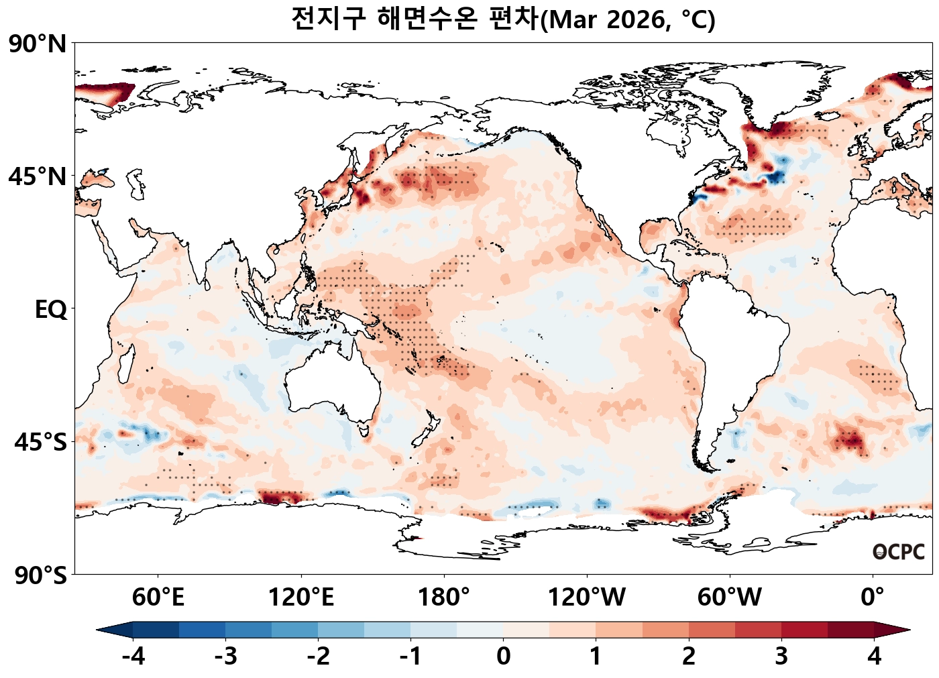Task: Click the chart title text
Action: [503, 19]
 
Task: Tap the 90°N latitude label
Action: [38, 44]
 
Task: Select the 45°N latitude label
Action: [38, 177]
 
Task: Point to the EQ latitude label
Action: [51, 310]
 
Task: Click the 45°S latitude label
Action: [40, 443]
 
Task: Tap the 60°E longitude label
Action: [158, 596]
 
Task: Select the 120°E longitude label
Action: [300, 596]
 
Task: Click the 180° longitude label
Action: [444, 596]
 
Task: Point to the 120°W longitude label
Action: [587, 596]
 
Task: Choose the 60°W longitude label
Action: [730, 596]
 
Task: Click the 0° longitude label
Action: [873, 596]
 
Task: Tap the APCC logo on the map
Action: [899, 552]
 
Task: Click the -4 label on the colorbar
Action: [133, 656]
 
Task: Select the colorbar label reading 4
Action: [875, 656]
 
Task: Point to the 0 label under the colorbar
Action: [503, 656]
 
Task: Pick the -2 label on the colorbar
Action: [318, 656]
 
